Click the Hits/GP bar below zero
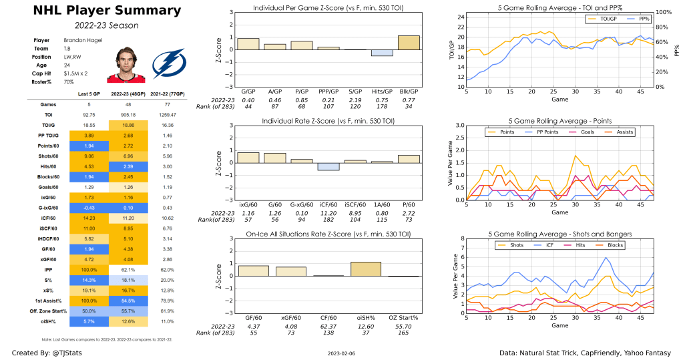382,53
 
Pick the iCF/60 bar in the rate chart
328,166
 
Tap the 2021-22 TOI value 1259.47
169,115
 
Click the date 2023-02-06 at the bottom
341,353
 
